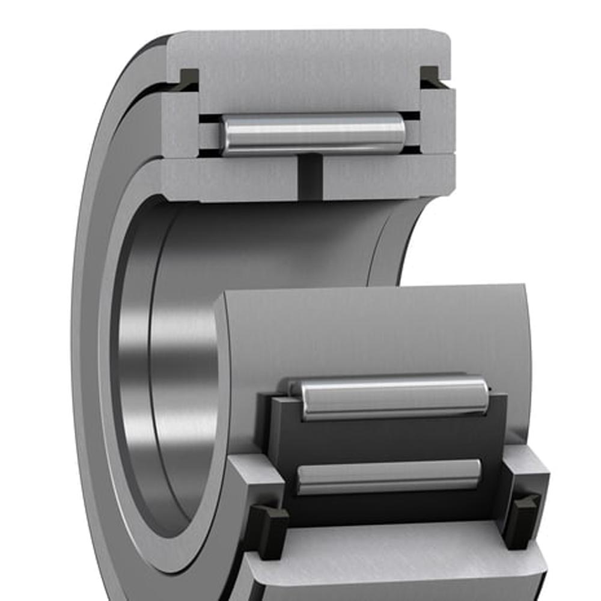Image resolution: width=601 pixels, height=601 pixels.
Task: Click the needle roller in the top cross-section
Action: coord(313,133)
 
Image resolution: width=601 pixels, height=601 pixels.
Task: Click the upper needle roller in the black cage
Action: coord(394,398)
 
